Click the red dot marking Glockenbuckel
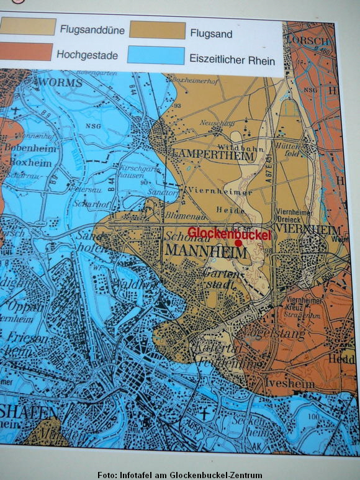point(238,243)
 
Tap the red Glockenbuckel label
point(229,233)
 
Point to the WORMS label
point(61,82)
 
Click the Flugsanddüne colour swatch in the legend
point(28,26)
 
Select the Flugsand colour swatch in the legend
point(158,30)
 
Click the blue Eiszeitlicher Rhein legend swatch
point(157,56)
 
